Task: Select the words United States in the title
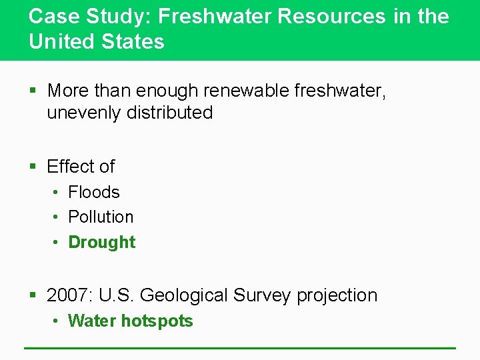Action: (96, 41)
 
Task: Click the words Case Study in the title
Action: (71, 16)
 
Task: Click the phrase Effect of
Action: (81, 166)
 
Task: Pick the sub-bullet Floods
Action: (94, 192)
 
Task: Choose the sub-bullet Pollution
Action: (101, 217)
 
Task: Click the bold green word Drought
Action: (101, 242)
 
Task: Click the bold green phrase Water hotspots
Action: (130, 321)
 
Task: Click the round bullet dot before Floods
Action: (57, 193)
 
